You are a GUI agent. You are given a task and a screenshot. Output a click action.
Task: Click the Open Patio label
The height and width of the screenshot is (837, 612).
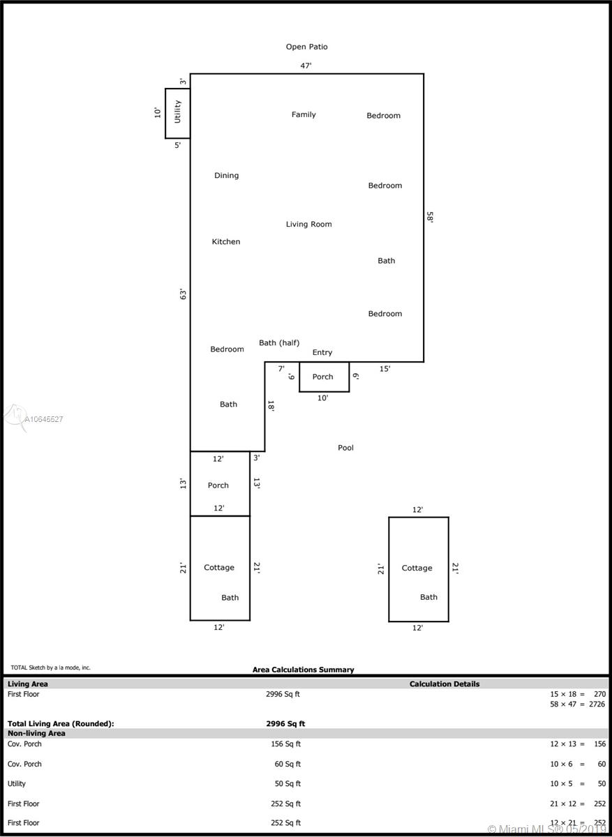(x=306, y=47)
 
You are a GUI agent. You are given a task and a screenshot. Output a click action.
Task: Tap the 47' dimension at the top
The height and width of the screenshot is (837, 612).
(x=306, y=66)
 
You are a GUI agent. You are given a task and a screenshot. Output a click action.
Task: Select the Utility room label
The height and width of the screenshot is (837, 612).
(x=177, y=112)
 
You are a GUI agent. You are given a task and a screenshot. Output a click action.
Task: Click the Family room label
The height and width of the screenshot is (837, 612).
(x=304, y=114)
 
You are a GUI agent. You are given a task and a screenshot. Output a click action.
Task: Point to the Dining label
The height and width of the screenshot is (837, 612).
(x=226, y=176)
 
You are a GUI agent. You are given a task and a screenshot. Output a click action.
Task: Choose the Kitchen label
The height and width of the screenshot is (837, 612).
(x=226, y=242)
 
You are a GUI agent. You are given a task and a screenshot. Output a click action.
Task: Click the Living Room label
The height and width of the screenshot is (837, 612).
(x=309, y=224)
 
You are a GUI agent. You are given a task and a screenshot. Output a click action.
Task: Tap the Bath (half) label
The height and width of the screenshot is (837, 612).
(x=279, y=342)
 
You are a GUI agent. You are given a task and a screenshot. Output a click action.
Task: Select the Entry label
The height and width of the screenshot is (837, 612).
(x=322, y=352)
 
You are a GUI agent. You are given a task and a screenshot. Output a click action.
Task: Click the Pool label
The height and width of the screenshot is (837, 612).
(x=345, y=448)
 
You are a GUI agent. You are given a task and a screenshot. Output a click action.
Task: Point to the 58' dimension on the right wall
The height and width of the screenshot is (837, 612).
(x=430, y=217)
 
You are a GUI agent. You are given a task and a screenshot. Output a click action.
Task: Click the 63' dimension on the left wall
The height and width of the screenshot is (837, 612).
(x=183, y=294)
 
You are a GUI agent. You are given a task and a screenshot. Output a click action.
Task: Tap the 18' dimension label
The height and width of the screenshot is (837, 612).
(x=271, y=406)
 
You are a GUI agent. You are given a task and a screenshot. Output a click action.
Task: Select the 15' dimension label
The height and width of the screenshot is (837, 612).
(x=385, y=369)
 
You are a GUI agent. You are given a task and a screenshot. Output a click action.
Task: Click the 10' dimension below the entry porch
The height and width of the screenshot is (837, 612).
(x=322, y=398)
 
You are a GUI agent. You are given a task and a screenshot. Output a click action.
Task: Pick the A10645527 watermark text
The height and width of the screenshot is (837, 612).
(x=44, y=419)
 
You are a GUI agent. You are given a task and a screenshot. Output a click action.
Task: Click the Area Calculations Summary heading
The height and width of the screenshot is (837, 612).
(x=303, y=670)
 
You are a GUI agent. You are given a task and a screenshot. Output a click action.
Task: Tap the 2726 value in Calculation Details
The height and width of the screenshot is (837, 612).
(x=597, y=704)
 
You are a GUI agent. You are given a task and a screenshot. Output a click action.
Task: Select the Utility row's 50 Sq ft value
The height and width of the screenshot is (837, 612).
(x=288, y=783)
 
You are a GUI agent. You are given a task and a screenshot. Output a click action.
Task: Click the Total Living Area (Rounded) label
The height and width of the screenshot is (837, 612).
(x=61, y=724)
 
